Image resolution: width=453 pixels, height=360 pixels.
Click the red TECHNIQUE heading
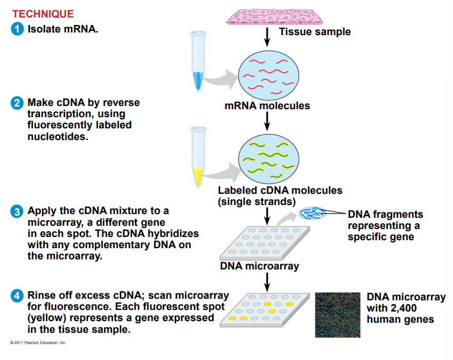click(x=43, y=14)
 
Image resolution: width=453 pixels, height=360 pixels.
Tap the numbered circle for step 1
click(x=18, y=29)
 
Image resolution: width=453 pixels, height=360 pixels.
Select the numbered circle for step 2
click(x=18, y=103)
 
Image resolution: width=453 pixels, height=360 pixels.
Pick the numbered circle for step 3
click(x=18, y=211)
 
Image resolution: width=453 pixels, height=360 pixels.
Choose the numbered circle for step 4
click(x=18, y=296)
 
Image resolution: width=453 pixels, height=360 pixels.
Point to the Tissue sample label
click(x=314, y=32)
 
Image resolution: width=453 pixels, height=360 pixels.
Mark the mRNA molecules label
click(x=267, y=106)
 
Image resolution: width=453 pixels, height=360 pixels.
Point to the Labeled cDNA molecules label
click(x=280, y=191)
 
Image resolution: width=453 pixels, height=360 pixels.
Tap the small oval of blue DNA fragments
click(x=312, y=214)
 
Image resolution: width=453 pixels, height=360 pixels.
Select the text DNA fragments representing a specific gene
click(x=385, y=225)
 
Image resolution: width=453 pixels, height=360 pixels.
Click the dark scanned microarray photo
click(x=337, y=314)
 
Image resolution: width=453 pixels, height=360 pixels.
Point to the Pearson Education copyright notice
click(x=38, y=342)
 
